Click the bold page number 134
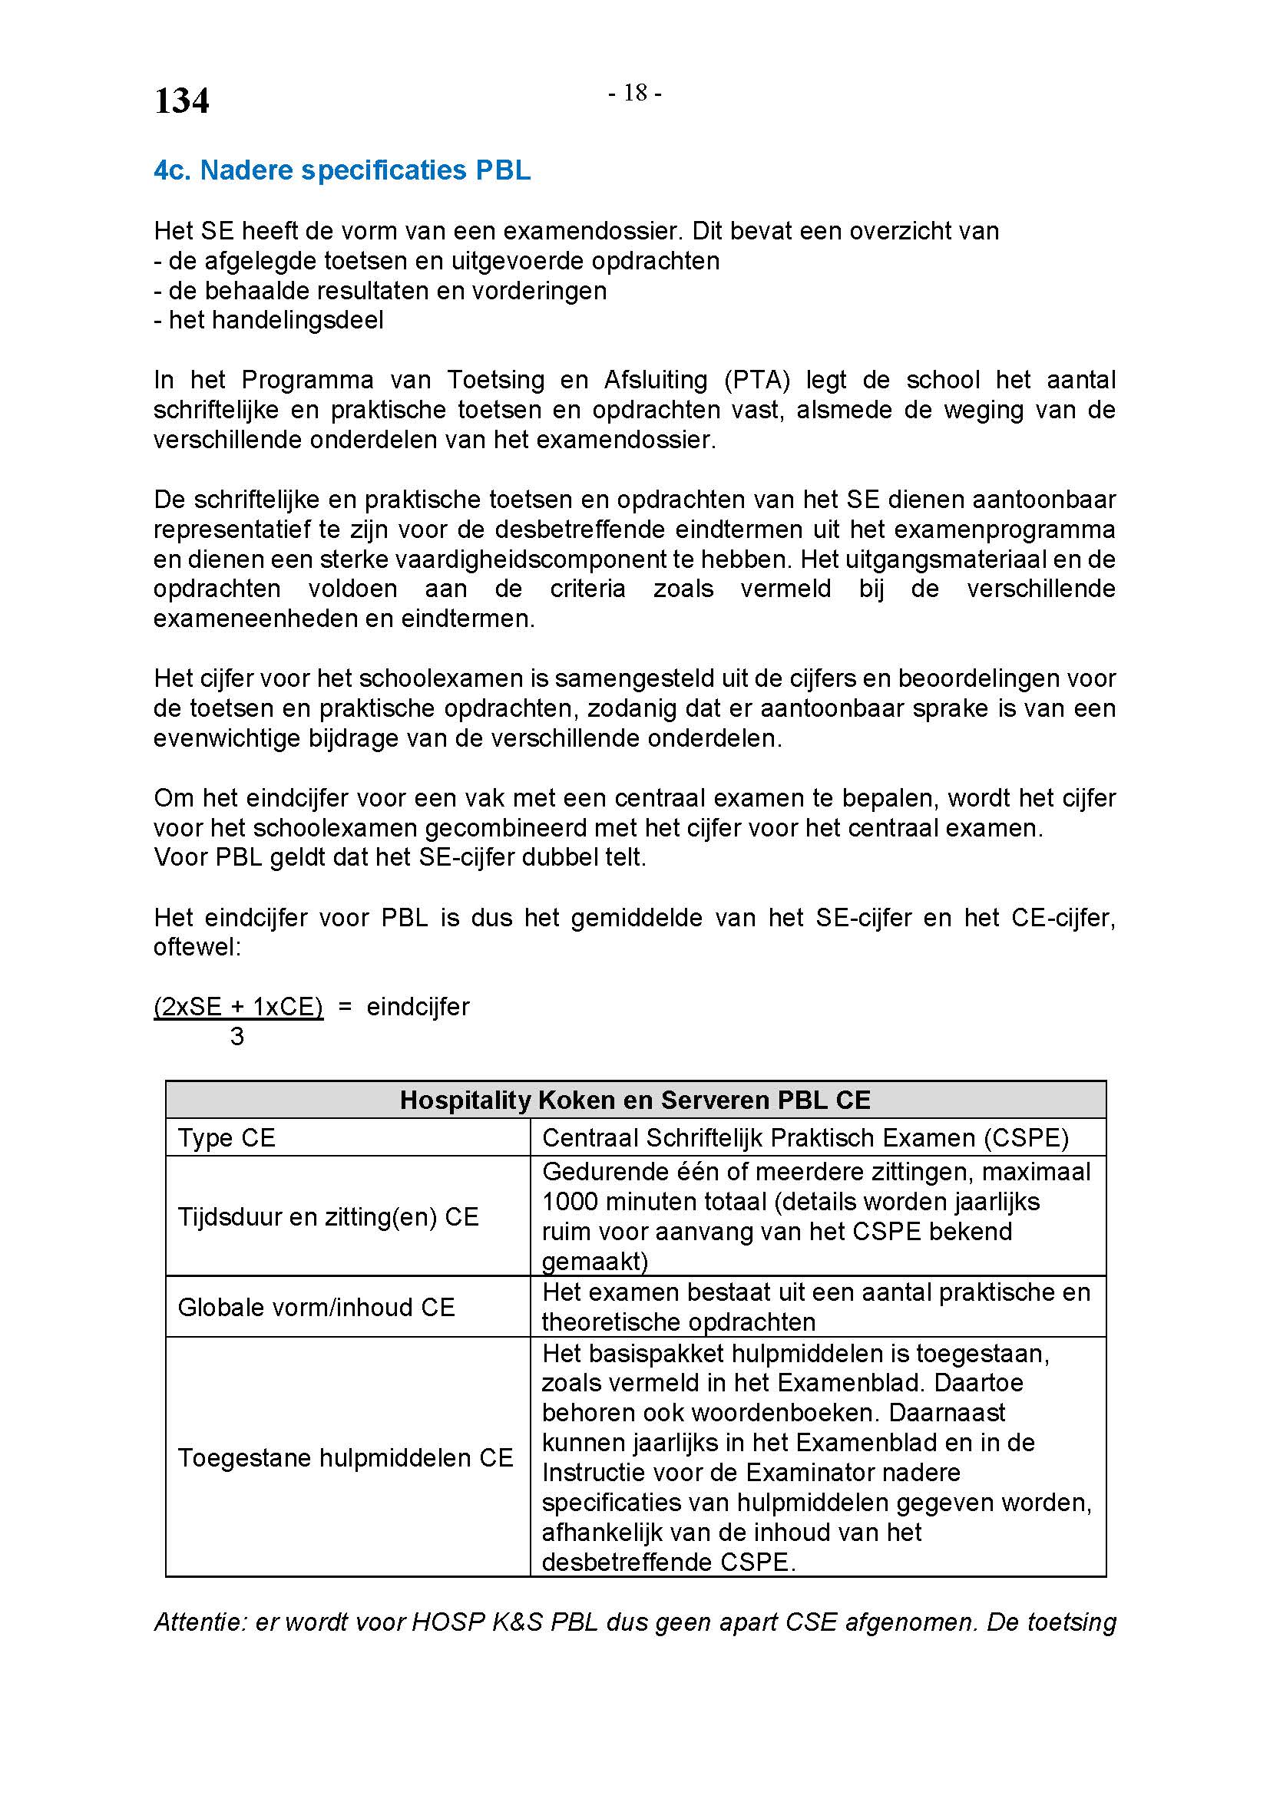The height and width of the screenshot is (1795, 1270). coord(181,101)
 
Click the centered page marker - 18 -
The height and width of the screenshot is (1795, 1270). coord(635,93)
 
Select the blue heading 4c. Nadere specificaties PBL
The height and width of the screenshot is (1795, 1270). coord(342,170)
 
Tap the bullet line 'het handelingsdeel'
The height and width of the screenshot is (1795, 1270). coord(276,320)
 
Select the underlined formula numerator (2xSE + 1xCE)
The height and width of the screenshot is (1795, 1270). coord(238,1006)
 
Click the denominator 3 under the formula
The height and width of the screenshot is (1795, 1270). coord(237,1037)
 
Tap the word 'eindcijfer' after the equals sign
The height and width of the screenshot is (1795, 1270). coord(418,1006)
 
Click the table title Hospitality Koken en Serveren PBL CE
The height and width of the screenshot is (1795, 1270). coord(635,1100)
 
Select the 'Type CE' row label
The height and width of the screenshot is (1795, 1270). coord(227,1137)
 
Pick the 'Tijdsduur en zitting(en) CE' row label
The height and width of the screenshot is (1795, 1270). coord(328,1216)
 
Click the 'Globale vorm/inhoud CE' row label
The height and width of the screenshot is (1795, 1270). coord(316,1307)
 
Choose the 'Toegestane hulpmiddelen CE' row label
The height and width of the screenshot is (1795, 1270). coord(345,1457)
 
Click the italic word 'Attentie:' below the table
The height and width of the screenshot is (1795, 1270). coord(200,1622)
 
